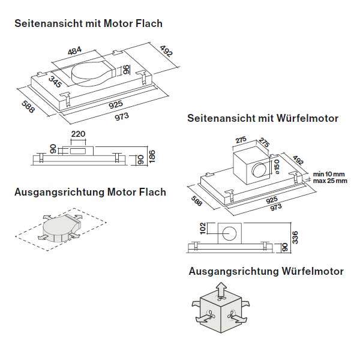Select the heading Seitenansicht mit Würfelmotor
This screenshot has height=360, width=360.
point(263,119)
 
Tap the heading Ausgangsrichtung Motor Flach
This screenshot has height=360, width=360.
point(90,193)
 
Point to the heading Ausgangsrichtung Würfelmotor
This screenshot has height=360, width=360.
point(266,271)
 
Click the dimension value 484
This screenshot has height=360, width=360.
point(74,52)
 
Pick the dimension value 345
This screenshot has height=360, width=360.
point(56,82)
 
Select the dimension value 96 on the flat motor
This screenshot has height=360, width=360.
point(127,70)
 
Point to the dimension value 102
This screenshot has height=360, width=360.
point(202,229)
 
